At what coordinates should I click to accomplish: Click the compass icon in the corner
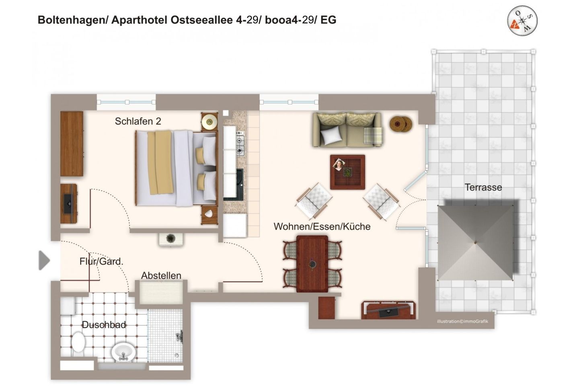point(522,21)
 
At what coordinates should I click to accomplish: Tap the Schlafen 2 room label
point(138,121)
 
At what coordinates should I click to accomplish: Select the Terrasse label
point(483,187)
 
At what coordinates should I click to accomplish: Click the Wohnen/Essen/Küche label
point(322,226)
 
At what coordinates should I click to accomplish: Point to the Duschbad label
point(104,324)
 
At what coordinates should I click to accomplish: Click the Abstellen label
point(161,275)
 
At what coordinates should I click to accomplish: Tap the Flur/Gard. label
point(101,261)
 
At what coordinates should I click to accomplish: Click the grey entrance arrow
point(44,260)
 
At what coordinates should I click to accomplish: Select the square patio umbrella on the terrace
point(475,242)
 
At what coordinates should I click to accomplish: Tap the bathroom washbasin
point(123,352)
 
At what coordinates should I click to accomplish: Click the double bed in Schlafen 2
point(176,168)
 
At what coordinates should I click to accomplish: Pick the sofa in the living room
point(347,129)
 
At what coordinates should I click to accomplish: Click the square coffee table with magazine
point(347,172)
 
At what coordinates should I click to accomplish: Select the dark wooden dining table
point(312,263)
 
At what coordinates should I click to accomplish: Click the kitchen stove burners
point(240,144)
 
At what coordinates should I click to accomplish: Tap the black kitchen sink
point(239,184)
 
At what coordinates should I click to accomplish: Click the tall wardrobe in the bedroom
point(72,144)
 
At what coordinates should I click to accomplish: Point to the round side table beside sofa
point(400,124)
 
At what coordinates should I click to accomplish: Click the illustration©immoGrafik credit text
point(462,321)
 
